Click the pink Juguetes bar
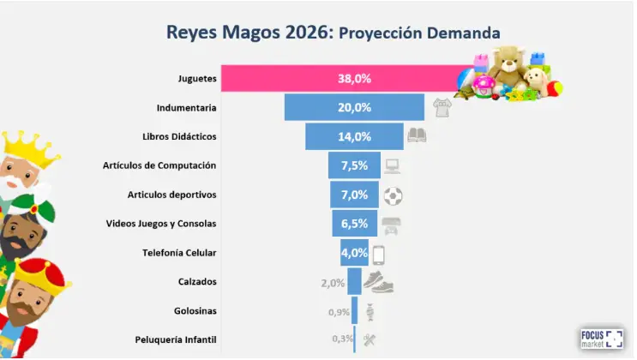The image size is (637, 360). click(x=343, y=78)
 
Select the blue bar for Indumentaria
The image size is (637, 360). click(x=354, y=107)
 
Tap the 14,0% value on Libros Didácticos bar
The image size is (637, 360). click(x=354, y=136)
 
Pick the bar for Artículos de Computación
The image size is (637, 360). click(x=354, y=165)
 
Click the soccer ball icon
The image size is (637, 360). click(x=394, y=195)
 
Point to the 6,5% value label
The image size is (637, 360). click(x=354, y=224)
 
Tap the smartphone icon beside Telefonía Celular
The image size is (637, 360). click(x=378, y=253)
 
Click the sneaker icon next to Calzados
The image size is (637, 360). click(x=377, y=280)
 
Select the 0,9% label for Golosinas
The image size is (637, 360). click(x=339, y=312)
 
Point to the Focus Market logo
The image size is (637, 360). click(x=602, y=338)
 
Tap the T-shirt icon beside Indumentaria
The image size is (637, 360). click(x=442, y=107)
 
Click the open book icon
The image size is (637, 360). click(x=417, y=135)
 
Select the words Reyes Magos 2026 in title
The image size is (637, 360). click(x=248, y=33)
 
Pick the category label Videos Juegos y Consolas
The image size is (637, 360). click(x=161, y=224)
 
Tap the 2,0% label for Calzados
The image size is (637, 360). click(x=333, y=283)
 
